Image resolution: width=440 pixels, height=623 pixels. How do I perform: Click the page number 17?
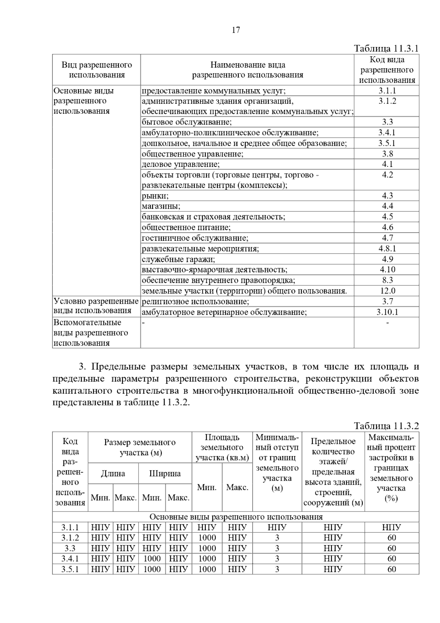point(236,30)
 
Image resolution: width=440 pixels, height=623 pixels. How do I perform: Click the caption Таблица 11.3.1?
point(386,48)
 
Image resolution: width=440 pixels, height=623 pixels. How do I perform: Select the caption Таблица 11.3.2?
point(386,426)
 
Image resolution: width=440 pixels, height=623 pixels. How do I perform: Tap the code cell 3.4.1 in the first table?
point(387,132)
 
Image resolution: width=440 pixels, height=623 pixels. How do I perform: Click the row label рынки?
point(155,196)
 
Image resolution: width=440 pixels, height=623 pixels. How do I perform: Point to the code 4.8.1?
point(387,248)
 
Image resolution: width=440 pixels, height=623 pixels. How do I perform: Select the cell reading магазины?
point(161,206)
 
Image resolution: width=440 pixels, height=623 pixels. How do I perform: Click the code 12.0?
point(387,291)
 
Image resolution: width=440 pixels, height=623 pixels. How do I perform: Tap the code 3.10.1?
point(387,312)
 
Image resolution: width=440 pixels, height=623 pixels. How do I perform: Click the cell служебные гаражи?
point(179,259)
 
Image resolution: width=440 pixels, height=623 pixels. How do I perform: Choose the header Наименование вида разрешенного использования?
point(247,70)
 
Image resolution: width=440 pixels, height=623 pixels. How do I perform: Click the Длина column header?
point(113,473)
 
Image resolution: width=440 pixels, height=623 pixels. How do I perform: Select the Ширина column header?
point(165,473)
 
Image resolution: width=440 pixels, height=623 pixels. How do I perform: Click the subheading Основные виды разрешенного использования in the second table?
point(236,517)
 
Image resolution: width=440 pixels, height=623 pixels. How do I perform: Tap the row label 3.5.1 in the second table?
point(70,569)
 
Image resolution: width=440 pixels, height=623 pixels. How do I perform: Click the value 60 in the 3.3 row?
point(392,548)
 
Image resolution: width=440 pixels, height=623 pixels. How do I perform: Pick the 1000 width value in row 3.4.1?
point(152,558)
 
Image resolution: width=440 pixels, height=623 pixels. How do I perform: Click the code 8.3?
point(387,280)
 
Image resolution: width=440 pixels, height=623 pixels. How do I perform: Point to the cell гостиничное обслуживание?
point(195,238)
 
